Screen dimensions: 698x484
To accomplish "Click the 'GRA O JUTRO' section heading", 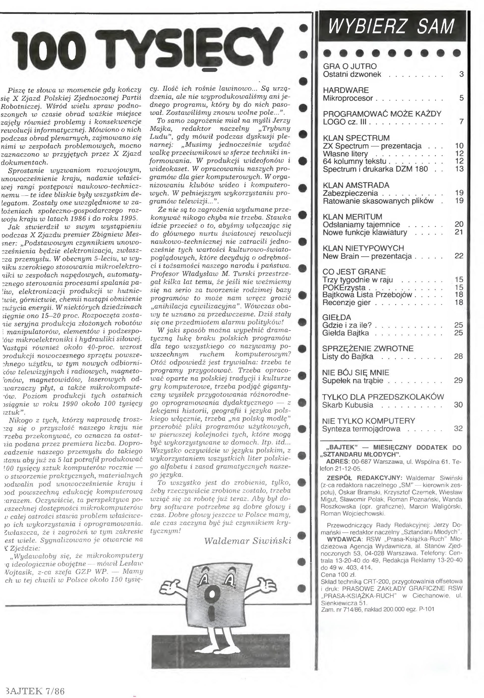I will point(350,66).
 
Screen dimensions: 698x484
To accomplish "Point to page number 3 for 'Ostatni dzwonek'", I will point(461,74).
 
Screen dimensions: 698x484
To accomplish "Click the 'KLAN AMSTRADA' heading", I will point(356,185).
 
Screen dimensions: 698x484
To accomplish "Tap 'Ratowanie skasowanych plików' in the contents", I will point(378,201).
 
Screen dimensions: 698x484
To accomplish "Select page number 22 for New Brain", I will point(459,256).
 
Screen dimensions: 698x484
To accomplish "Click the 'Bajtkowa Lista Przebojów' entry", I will point(367,295).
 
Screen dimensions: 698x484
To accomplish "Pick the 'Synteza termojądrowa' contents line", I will point(361,429).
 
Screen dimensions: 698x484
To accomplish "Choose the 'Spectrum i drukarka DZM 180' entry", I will point(375,169).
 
